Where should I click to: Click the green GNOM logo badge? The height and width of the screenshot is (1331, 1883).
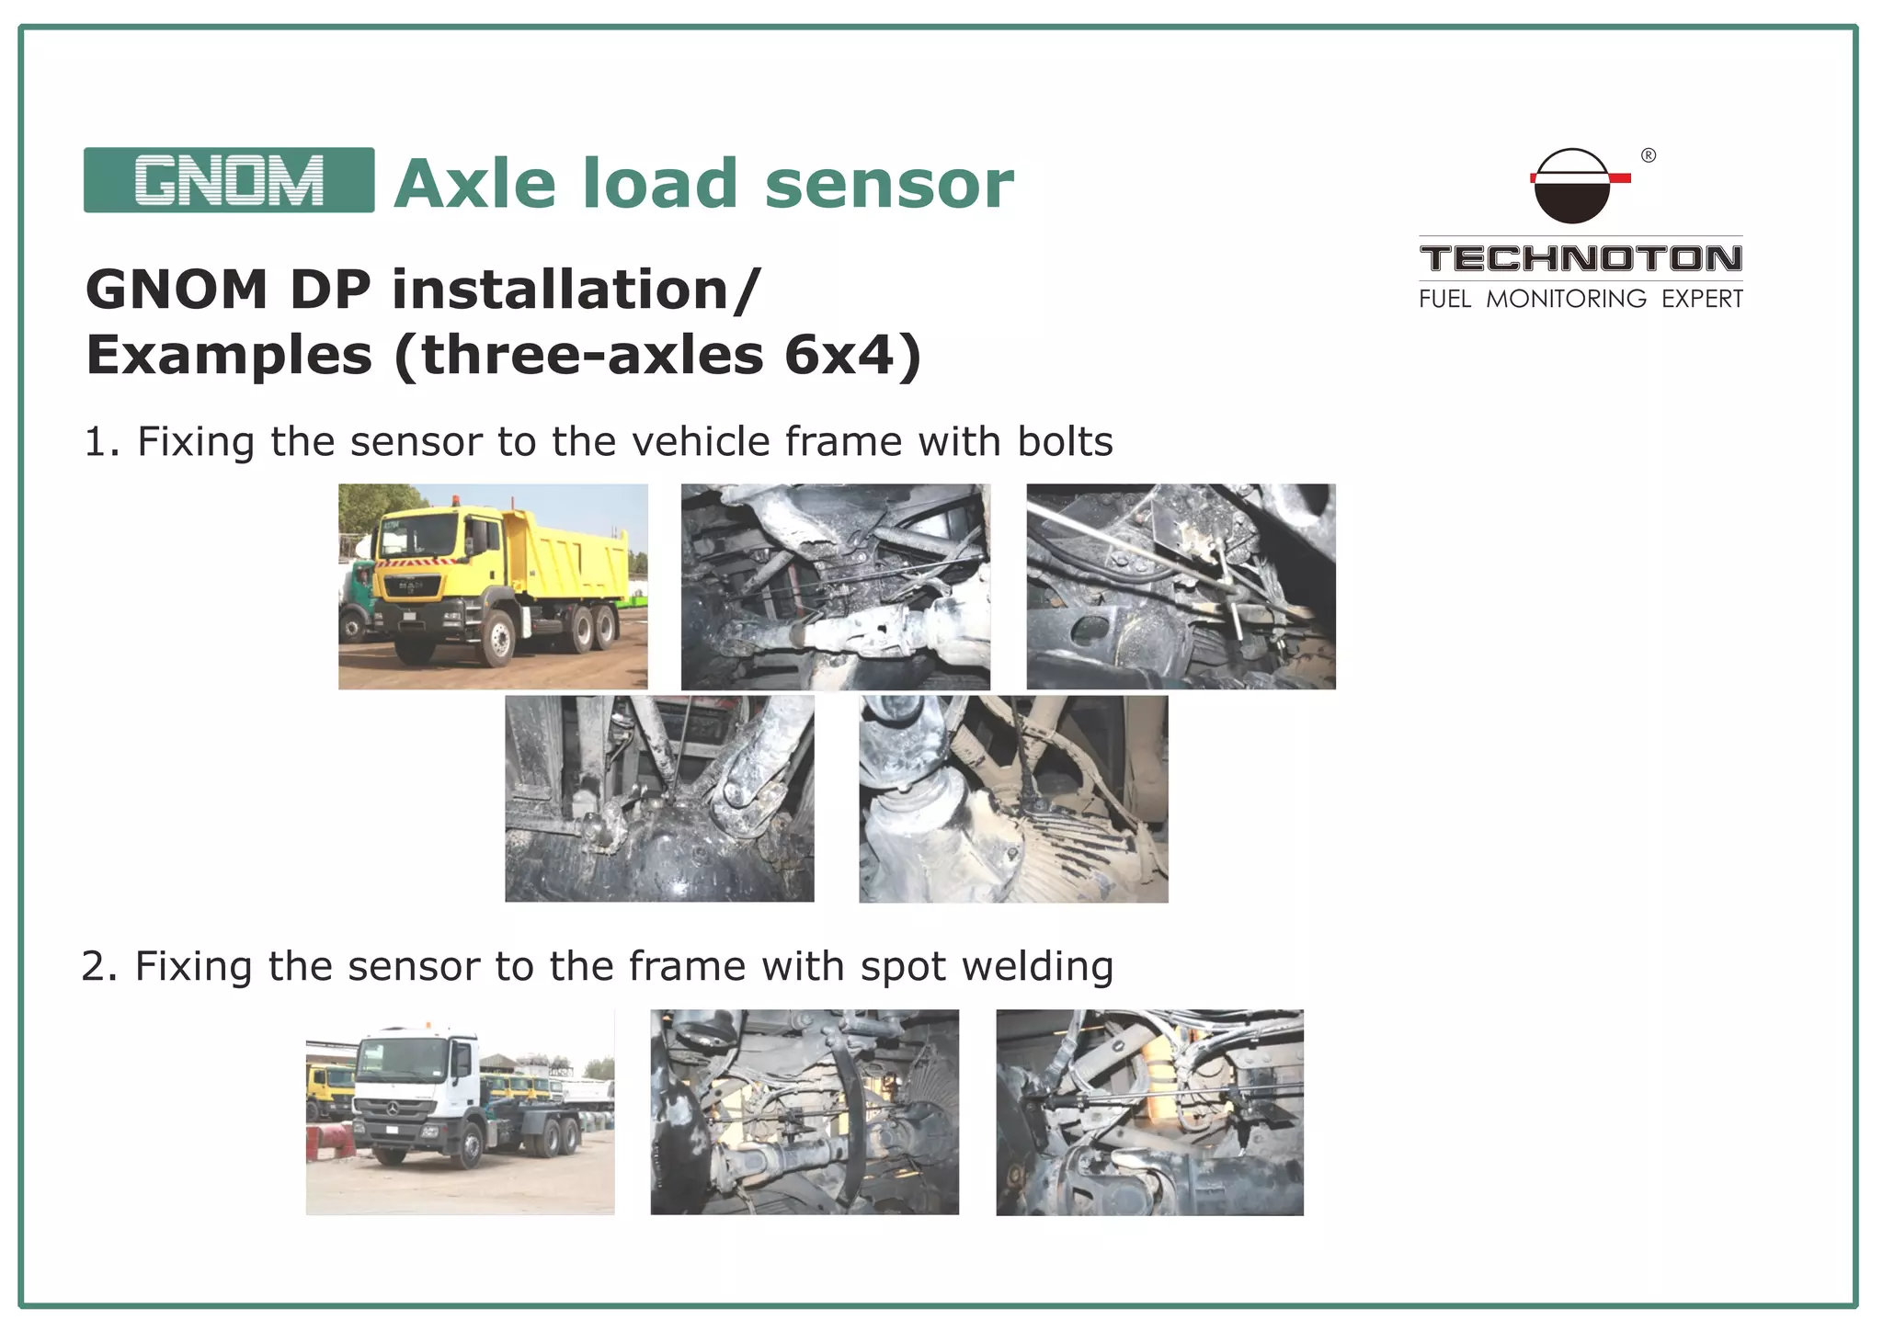pyautogui.click(x=229, y=180)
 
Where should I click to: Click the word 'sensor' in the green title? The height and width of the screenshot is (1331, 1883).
pyautogui.click(x=888, y=184)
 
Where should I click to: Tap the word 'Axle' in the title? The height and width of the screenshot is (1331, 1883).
pyautogui.click(x=474, y=184)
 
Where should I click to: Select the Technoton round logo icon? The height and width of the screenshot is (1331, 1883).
pyautogui.click(x=1573, y=187)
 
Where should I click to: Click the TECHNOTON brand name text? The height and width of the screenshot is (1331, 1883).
pyautogui.click(x=1581, y=258)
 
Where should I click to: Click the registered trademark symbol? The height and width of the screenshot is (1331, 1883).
pyautogui.click(x=1649, y=155)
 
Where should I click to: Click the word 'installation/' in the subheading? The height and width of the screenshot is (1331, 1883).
pyautogui.click(x=576, y=290)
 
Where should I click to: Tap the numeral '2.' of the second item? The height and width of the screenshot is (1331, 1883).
pyautogui.click(x=99, y=967)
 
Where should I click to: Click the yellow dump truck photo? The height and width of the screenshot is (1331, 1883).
pyautogui.click(x=493, y=586)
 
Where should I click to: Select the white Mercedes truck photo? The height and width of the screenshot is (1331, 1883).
pyautogui.click(x=460, y=1112)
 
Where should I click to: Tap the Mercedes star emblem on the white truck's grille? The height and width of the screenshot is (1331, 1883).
pyautogui.click(x=393, y=1109)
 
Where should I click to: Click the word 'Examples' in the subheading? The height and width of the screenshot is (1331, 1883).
pyautogui.click(x=229, y=355)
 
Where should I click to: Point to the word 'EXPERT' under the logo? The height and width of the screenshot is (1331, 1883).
pyautogui.click(x=1702, y=299)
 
